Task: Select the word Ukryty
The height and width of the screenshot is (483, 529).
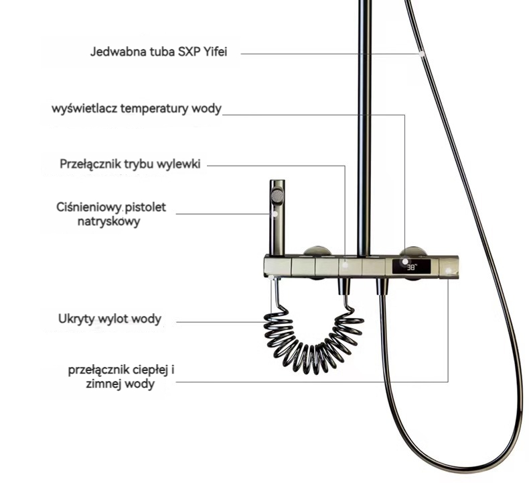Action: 76,319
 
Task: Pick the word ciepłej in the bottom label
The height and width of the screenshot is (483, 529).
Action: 147,370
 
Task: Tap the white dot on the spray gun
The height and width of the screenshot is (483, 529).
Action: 276,213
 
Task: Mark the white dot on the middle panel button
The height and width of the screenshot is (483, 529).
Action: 345,265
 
